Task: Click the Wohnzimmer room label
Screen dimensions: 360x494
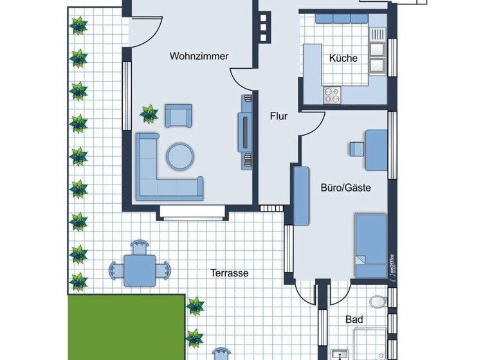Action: pyautogui.click(x=199, y=57)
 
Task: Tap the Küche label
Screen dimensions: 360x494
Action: pyautogui.click(x=343, y=59)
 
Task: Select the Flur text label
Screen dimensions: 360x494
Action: pyautogui.click(x=279, y=117)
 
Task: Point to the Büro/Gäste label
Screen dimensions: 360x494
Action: pyautogui.click(x=346, y=188)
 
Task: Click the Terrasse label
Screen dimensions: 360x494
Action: pyautogui.click(x=230, y=273)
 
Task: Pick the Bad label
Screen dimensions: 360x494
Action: pyautogui.click(x=354, y=320)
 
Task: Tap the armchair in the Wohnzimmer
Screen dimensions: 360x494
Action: pyautogui.click(x=178, y=116)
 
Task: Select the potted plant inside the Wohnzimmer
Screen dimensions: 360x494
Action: pyautogui.click(x=149, y=114)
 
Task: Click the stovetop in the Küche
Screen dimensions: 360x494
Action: pyautogui.click(x=332, y=95)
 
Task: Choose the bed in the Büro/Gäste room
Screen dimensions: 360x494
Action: pyautogui.click(x=371, y=246)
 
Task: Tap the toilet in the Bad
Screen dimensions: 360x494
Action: pyautogui.click(x=378, y=301)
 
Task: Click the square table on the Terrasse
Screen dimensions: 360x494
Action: pyautogui.click(x=140, y=265)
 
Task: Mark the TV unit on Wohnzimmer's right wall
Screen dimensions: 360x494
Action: pyautogui.click(x=245, y=132)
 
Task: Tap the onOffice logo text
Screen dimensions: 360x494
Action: pyautogui.click(x=390, y=264)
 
